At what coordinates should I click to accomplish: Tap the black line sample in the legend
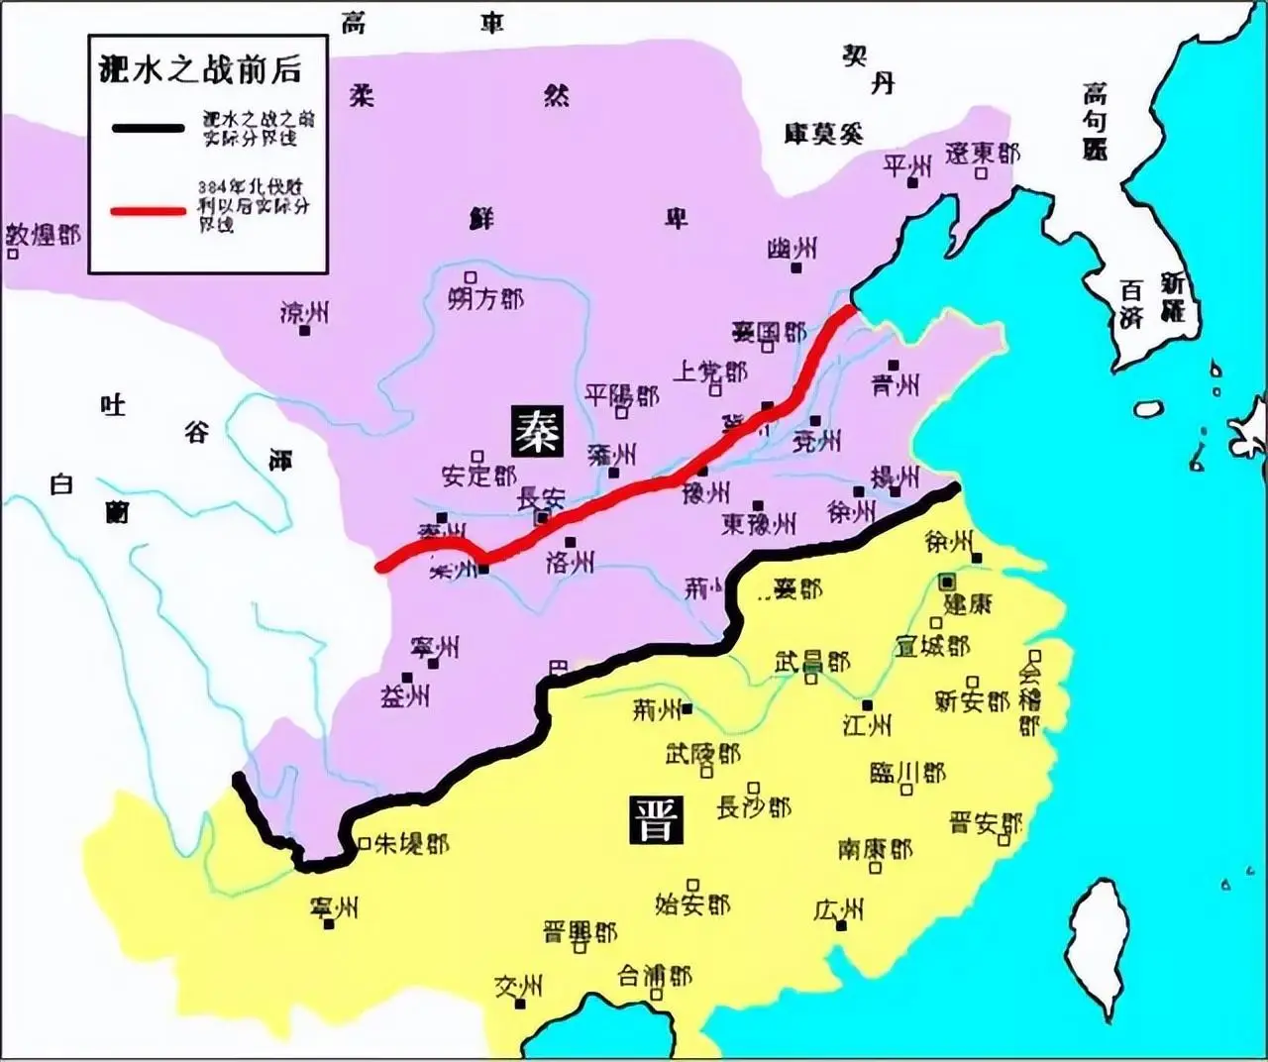pos(148,128)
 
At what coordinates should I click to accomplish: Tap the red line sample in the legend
pos(148,211)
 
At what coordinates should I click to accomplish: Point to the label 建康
pos(967,603)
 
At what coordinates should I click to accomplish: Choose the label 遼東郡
pos(982,154)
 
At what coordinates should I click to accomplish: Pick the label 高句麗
pos(1095,122)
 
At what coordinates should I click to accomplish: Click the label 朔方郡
pos(485,298)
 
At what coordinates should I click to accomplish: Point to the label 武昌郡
pos(812,662)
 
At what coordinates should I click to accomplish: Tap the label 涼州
pos(304,313)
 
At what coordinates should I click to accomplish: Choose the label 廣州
pos(839,909)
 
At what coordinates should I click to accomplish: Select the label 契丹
pos(869,70)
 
